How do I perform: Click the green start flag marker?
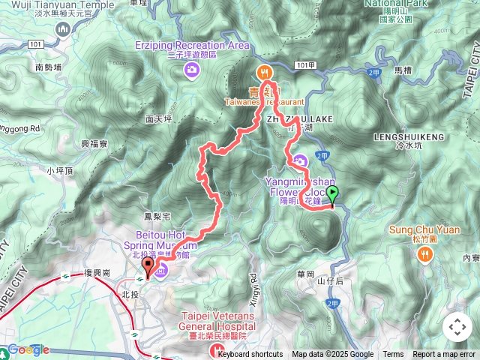point(332,194)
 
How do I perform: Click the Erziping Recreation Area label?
point(192,46)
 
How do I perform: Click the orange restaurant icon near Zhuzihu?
point(264,73)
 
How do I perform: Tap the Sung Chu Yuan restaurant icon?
point(425,254)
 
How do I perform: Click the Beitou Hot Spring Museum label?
point(169,239)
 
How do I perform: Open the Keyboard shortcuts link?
point(250,355)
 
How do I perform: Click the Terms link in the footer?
point(393,355)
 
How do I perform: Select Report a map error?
point(444,355)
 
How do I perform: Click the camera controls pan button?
point(457,327)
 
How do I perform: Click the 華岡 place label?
point(305,274)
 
